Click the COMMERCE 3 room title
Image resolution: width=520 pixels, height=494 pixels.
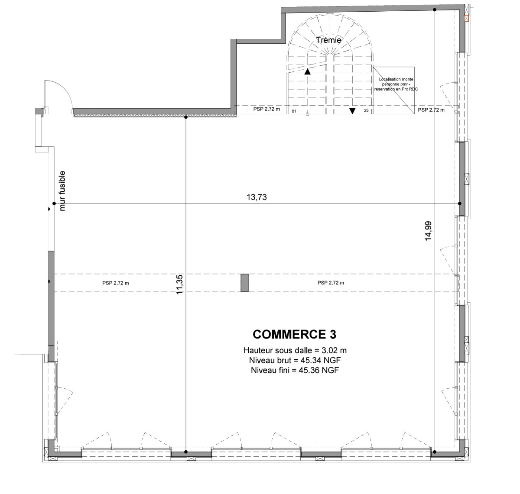[x=294, y=334]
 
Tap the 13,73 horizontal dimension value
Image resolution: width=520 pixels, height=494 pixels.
[x=257, y=197]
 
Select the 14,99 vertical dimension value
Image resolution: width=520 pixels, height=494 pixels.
[x=428, y=231]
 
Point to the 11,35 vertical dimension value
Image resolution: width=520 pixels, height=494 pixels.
[x=179, y=284]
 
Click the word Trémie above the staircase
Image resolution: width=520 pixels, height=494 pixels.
[x=328, y=40]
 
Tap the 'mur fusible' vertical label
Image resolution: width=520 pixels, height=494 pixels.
[x=62, y=191]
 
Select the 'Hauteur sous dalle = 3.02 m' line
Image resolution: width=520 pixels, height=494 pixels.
[x=295, y=351]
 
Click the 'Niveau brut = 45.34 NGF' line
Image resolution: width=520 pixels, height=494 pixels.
[x=295, y=360]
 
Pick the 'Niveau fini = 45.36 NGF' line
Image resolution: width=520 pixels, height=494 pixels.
[x=295, y=370]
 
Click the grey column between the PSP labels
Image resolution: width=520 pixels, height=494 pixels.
[x=244, y=283]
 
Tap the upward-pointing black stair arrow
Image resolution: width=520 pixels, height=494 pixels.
[x=307, y=71]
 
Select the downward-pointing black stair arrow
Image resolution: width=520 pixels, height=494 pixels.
[x=352, y=111]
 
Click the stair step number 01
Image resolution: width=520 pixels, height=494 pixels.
[x=294, y=111]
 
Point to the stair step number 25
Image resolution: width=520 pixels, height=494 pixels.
[x=366, y=110]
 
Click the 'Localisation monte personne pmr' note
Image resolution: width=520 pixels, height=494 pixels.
[x=396, y=84]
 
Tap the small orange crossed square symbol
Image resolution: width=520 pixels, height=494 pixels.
[x=466, y=18]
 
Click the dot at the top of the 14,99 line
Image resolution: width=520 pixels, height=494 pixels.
[x=435, y=10]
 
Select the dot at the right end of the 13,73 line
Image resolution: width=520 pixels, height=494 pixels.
[x=460, y=203]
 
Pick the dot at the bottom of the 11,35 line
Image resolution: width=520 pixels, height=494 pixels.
[x=185, y=452]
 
